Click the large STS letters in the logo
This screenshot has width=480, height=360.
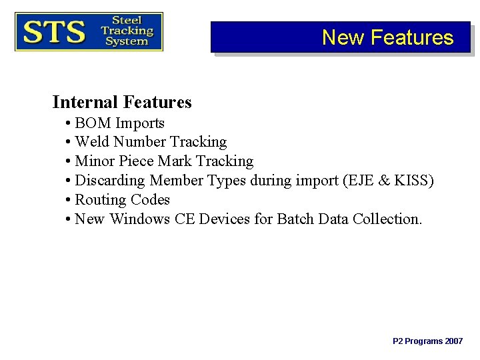coord(55,31)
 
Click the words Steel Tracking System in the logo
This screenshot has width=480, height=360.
coord(126,31)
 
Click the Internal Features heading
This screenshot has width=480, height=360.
coord(122,102)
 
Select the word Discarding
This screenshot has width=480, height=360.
coord(110,181)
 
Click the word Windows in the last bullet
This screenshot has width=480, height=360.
coord(140,219)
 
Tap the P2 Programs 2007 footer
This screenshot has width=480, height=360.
coord(427,341)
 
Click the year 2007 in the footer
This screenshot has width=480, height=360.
coord(453,341)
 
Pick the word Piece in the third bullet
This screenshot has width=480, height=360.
coord(136,161)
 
